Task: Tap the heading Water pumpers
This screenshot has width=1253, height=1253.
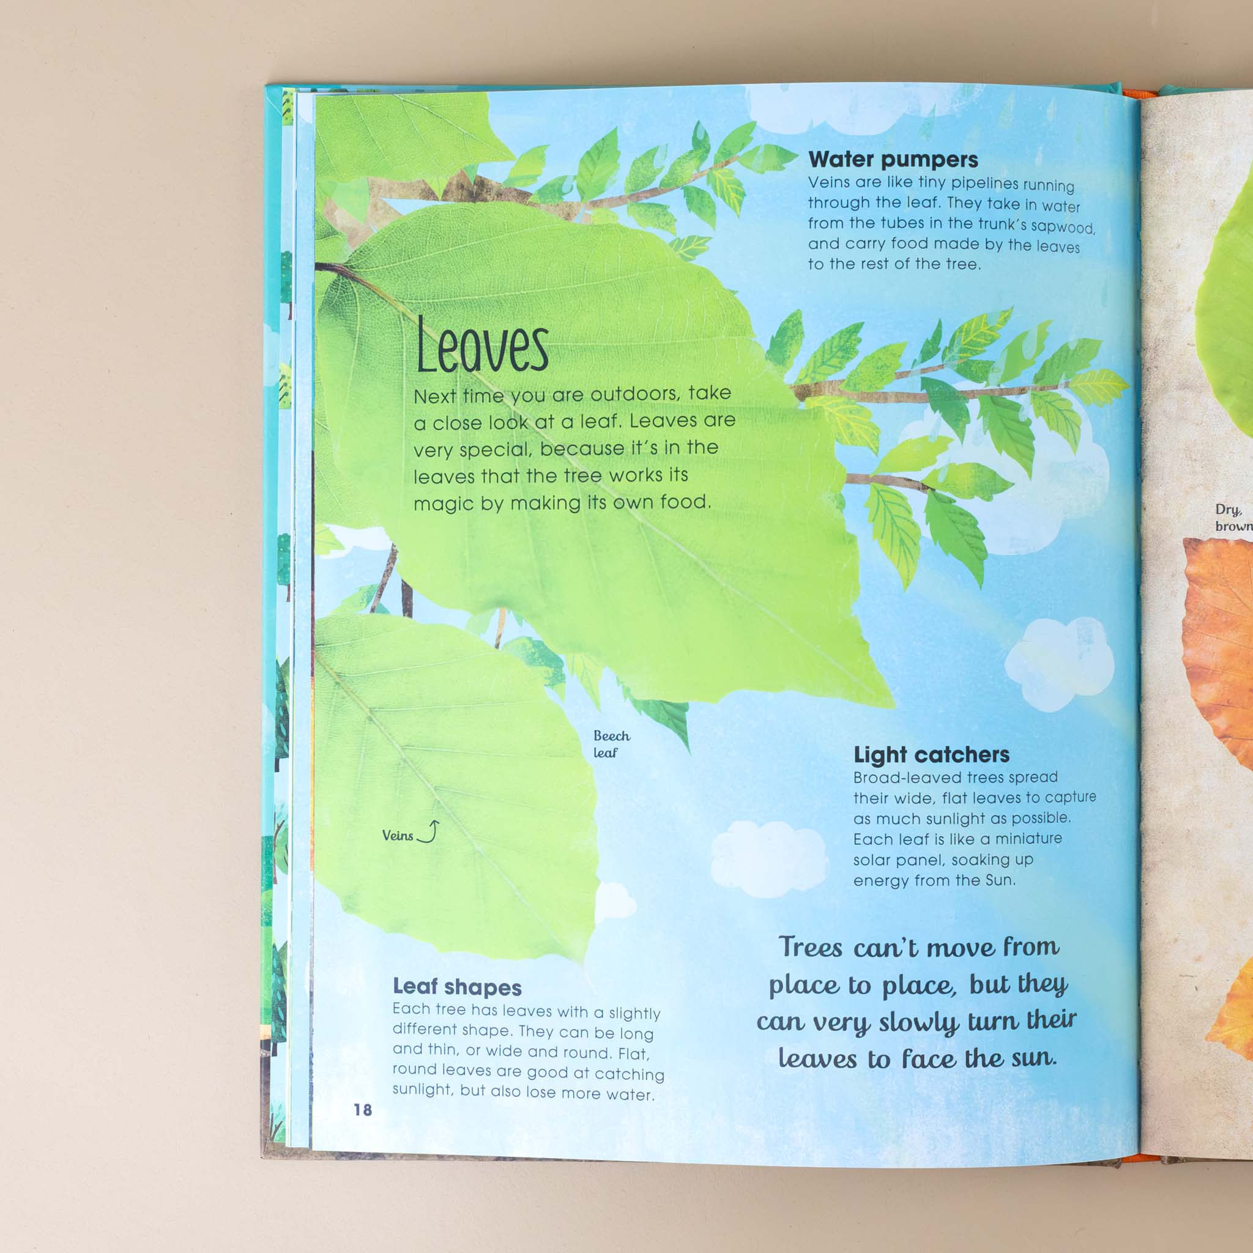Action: click(x=893, y=160)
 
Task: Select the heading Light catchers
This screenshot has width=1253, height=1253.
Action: click(x=931, y=754)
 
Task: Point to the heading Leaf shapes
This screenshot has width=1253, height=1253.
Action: click(x=456, y=986)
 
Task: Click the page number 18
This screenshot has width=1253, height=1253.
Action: click(x=363, y=1110)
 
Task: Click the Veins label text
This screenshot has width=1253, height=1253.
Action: click(x=397, y=835)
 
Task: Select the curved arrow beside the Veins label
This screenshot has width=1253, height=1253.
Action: click(x=429, y=831)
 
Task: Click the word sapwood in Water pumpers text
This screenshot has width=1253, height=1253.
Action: click(x=1062, y=227)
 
